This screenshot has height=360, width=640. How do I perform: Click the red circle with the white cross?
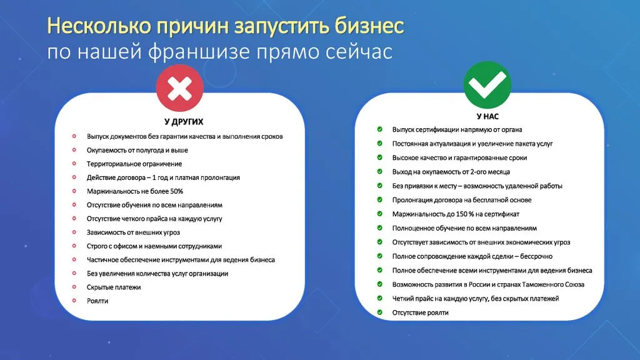[x=179, y=87]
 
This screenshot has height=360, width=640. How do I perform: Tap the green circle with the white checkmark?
[x=487, y=84]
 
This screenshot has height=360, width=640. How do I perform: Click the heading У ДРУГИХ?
[x=184, y=122]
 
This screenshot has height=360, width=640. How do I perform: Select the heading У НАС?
[x=487, y=116]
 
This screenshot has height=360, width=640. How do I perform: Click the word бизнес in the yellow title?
[x=369, y=26]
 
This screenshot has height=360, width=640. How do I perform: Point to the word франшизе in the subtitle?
[x=200, y=52]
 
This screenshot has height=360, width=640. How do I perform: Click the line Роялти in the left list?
[x=97, y=301]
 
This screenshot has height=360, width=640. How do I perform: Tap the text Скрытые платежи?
[x=114, y=287]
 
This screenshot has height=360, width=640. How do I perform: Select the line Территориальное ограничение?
[x=134, y=164]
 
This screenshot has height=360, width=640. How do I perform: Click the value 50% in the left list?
[x=177, y=191]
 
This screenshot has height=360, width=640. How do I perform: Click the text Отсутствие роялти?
[x=420, y=312]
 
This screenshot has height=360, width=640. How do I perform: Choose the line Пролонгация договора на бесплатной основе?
[x=462, y=200]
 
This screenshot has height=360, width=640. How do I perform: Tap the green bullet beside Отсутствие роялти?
[x=379, y=312]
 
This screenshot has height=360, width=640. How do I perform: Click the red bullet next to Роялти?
[x=74, y=301]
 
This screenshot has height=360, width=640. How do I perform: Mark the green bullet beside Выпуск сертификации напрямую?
[x=379, y=129]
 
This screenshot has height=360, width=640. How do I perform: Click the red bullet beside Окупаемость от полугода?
[x=74, y=150]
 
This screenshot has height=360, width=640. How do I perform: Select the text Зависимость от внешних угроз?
[x=133, y=232]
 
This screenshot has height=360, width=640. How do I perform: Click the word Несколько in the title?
[x=99, y=26]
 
